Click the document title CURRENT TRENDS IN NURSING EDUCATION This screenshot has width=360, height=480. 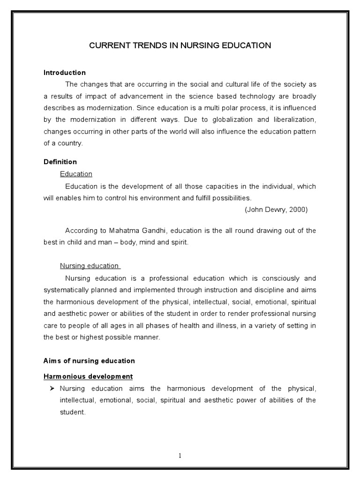180,45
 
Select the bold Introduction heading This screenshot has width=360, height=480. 65,73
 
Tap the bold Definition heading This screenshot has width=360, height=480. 60,162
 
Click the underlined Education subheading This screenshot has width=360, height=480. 76,174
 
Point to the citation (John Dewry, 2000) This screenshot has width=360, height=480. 276,210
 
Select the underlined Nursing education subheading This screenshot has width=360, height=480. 90,266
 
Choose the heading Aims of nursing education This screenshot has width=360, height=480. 89,360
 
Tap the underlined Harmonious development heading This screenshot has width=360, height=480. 88,376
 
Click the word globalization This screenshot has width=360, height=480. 238,120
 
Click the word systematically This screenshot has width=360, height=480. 67,290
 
